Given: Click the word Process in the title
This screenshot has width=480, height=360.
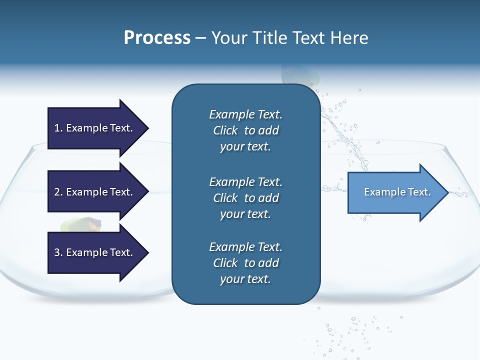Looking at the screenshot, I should tap(157, 37).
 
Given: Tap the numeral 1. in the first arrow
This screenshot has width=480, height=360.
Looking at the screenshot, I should tap(58, 128).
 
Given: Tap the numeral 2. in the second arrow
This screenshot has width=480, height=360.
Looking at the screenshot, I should tap(58, 192).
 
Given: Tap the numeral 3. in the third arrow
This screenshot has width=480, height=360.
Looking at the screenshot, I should tap(58, 252).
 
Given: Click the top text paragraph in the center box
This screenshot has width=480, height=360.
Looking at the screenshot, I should tap(245, 130).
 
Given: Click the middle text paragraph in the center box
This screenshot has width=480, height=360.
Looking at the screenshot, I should tap(245, 197).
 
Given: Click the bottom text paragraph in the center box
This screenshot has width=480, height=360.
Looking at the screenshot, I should tap(245, 263).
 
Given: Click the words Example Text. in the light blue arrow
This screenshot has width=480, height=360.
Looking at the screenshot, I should tap(397, 192).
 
